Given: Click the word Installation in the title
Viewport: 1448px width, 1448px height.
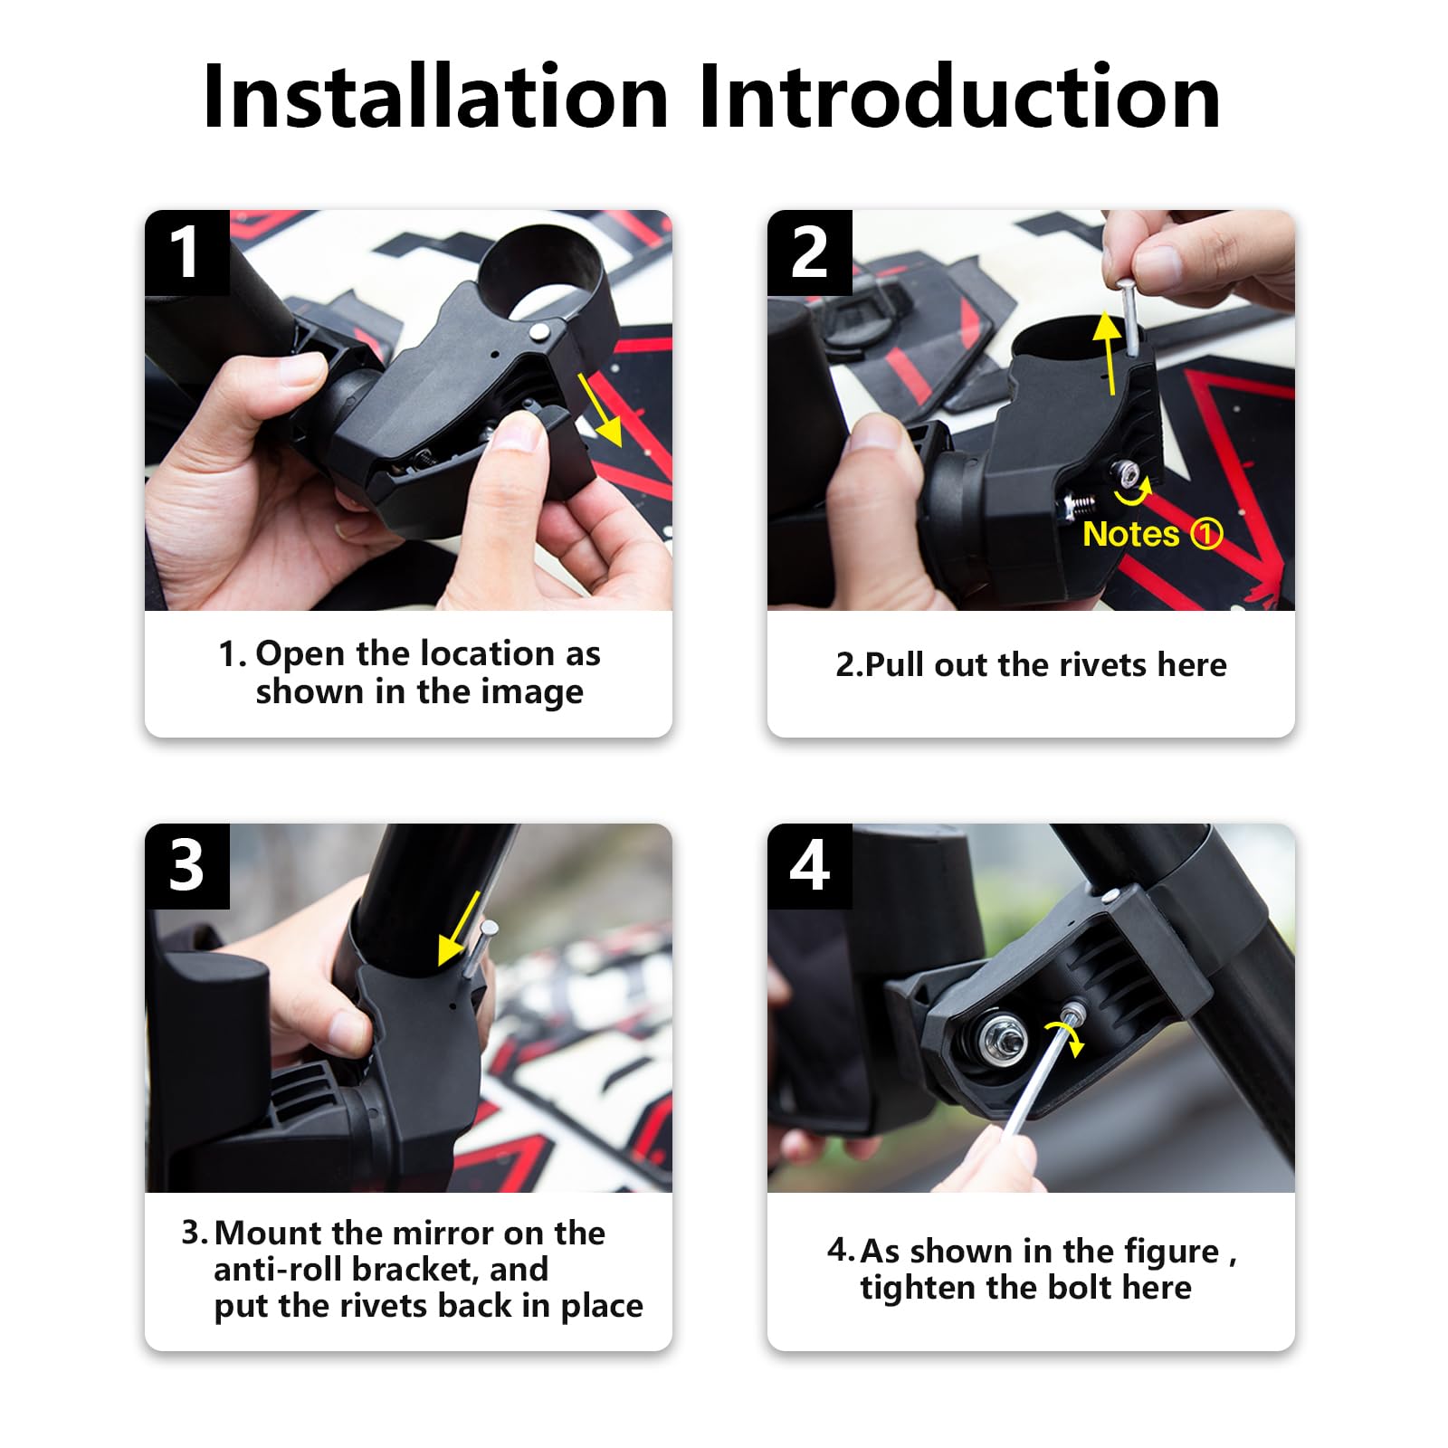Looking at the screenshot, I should coord(434,97).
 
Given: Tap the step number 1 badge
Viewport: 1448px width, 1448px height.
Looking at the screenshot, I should coord(186,252).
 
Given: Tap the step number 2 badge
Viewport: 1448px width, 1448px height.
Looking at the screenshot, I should coord(809,252).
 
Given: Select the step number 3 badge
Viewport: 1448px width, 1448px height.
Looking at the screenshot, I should coord(186,866).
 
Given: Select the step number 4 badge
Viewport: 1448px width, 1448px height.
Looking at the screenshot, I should coord(809,866).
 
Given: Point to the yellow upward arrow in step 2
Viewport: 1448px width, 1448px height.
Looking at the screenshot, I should coord(1108,351).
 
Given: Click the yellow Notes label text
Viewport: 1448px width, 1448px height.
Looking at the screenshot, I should coord(1130,534).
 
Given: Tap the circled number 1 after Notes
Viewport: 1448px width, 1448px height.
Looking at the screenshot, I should coord(1206,534).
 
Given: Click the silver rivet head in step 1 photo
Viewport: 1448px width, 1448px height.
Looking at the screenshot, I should coord(539,331).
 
